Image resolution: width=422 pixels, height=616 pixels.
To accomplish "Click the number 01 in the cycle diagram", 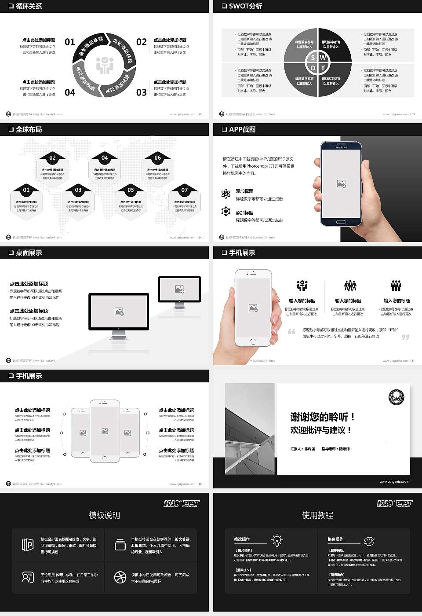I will coord(70,42).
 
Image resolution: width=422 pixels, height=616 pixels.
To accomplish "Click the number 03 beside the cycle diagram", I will coord(141,92).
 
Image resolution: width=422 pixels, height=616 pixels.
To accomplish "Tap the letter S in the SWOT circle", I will coord(313,58).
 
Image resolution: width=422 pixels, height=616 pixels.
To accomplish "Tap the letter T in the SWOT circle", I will coord(323,68).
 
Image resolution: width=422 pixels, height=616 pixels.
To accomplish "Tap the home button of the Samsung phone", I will coord(341,221).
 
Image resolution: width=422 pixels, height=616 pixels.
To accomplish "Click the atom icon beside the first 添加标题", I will coord(226,194).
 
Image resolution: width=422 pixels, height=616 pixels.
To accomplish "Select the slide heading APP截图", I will coord(242,129).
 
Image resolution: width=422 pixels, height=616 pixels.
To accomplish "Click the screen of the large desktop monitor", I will coord(119,312).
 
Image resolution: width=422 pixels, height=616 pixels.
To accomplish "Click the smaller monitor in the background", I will coord(179,289).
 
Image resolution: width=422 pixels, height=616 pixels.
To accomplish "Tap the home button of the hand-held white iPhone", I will coord(253,341).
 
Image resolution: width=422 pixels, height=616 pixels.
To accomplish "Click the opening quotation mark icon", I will coord(292,331).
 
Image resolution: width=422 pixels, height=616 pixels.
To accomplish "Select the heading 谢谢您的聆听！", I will coord(322,417).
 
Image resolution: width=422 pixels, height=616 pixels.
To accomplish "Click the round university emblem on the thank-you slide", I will coord(396,397).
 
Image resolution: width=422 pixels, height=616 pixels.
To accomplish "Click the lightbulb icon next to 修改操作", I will coord(277,540).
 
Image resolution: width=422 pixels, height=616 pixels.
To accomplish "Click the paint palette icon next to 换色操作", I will coord(369,541).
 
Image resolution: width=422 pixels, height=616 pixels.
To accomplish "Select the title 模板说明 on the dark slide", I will coord(104,515).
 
